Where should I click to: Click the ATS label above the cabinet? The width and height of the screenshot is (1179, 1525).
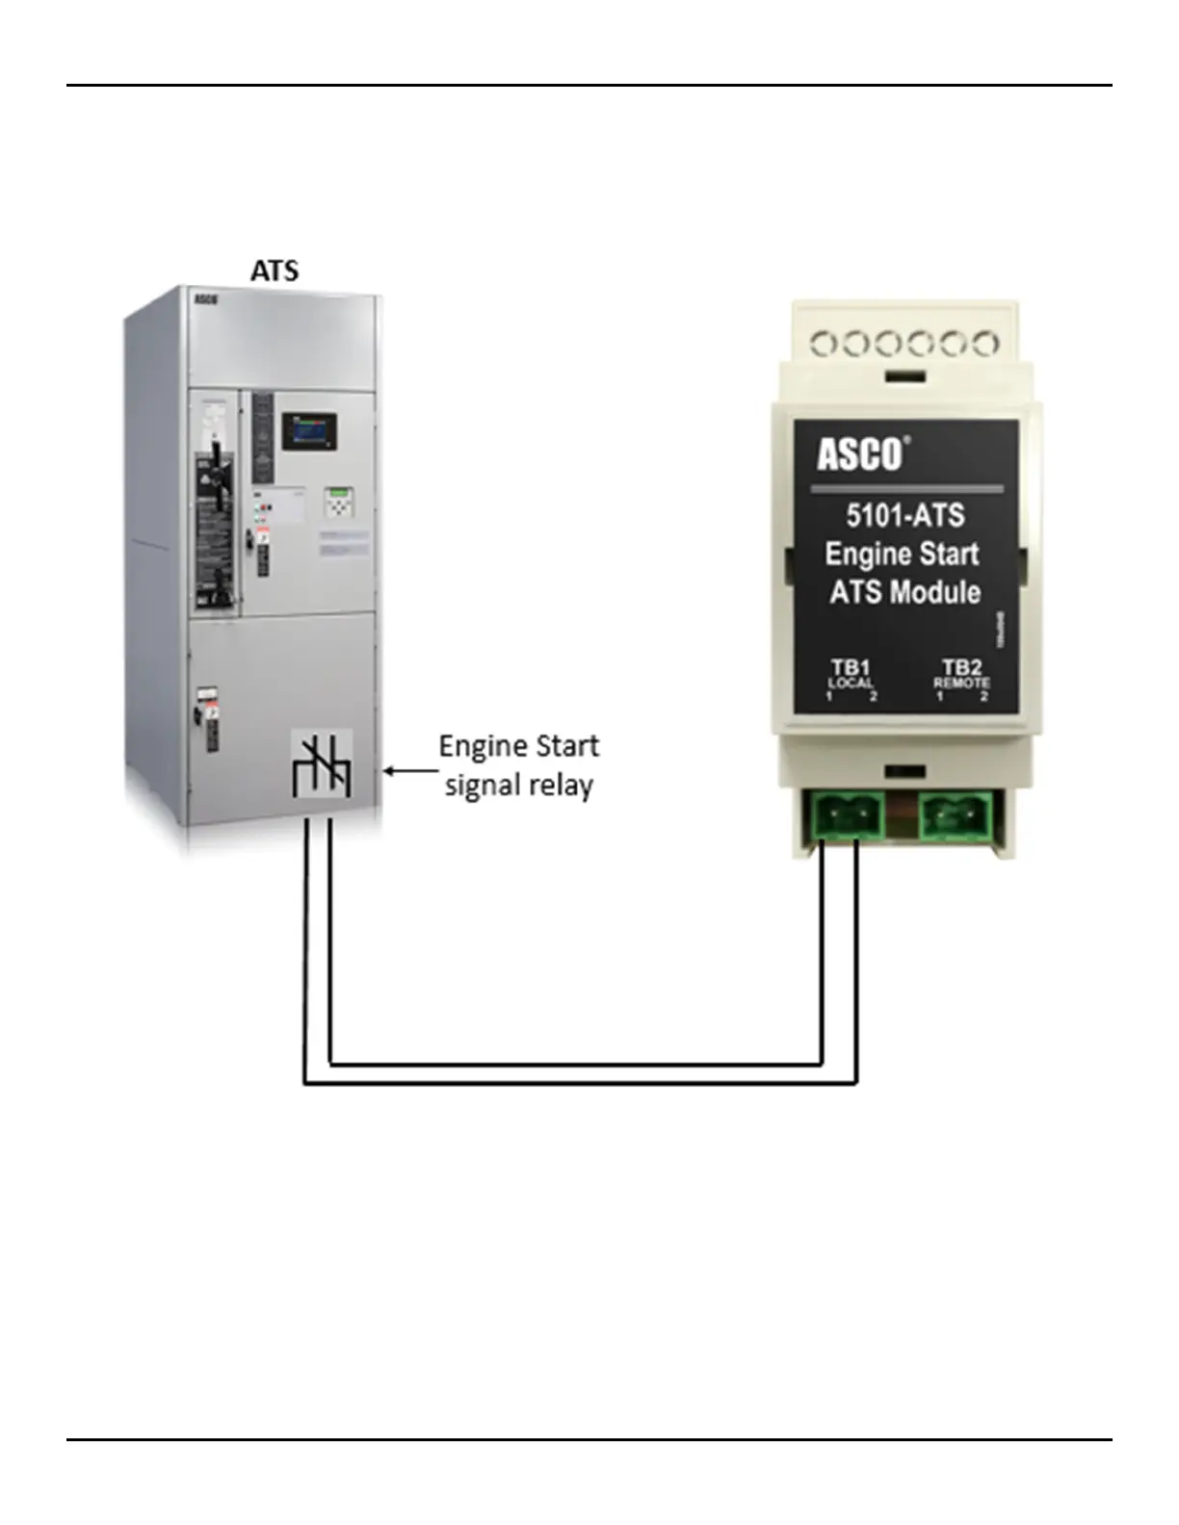tap(275, 271)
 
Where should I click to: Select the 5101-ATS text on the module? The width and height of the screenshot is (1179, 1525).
tap(904, 515)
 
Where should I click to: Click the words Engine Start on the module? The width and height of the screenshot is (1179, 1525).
tap(902, 554)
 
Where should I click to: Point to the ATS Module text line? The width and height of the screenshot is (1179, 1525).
tap(904, 591)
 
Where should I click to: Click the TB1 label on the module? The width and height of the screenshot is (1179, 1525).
tap(851, 666)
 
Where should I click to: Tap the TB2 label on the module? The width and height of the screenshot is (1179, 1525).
tap(961, 666)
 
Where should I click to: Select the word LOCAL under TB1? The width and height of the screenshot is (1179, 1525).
tap(851, 683)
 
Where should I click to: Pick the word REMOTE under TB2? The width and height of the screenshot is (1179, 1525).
tap(961, 683)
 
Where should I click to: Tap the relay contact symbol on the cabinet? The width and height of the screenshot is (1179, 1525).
tap(322, 764)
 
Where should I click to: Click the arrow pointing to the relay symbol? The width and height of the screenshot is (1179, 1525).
tap(406, 770)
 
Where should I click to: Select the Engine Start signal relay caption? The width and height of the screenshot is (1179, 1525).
tap(518, 765)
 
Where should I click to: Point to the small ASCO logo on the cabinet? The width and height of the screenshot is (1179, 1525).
tap(205, 299)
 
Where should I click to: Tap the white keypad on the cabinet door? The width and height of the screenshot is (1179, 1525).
tap(338, 504)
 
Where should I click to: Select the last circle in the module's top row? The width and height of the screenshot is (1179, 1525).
tap(984, 344)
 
